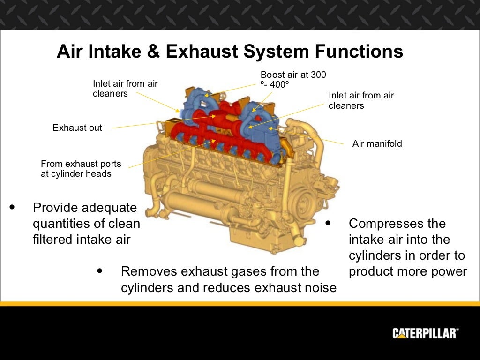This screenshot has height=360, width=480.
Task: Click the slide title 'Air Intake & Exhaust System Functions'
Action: tap(230, 52)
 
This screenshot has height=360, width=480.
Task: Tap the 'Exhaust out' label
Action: tap(77, 128)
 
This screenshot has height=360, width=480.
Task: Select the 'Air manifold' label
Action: tap(377, 144)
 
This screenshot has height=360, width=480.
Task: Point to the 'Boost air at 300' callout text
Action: tap(293, 75)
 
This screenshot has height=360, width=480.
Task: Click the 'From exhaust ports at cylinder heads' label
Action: tap(81, 169)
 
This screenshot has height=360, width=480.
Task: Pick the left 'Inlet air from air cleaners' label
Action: tap(125, 89)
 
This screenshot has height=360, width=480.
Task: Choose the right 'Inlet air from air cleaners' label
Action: tap(361, 100)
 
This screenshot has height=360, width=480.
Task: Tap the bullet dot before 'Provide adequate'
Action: tap(12, 207)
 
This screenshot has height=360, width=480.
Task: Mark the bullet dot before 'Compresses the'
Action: tap(328, 223)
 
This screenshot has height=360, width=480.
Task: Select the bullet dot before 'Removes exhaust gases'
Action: tap(100, 271)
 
